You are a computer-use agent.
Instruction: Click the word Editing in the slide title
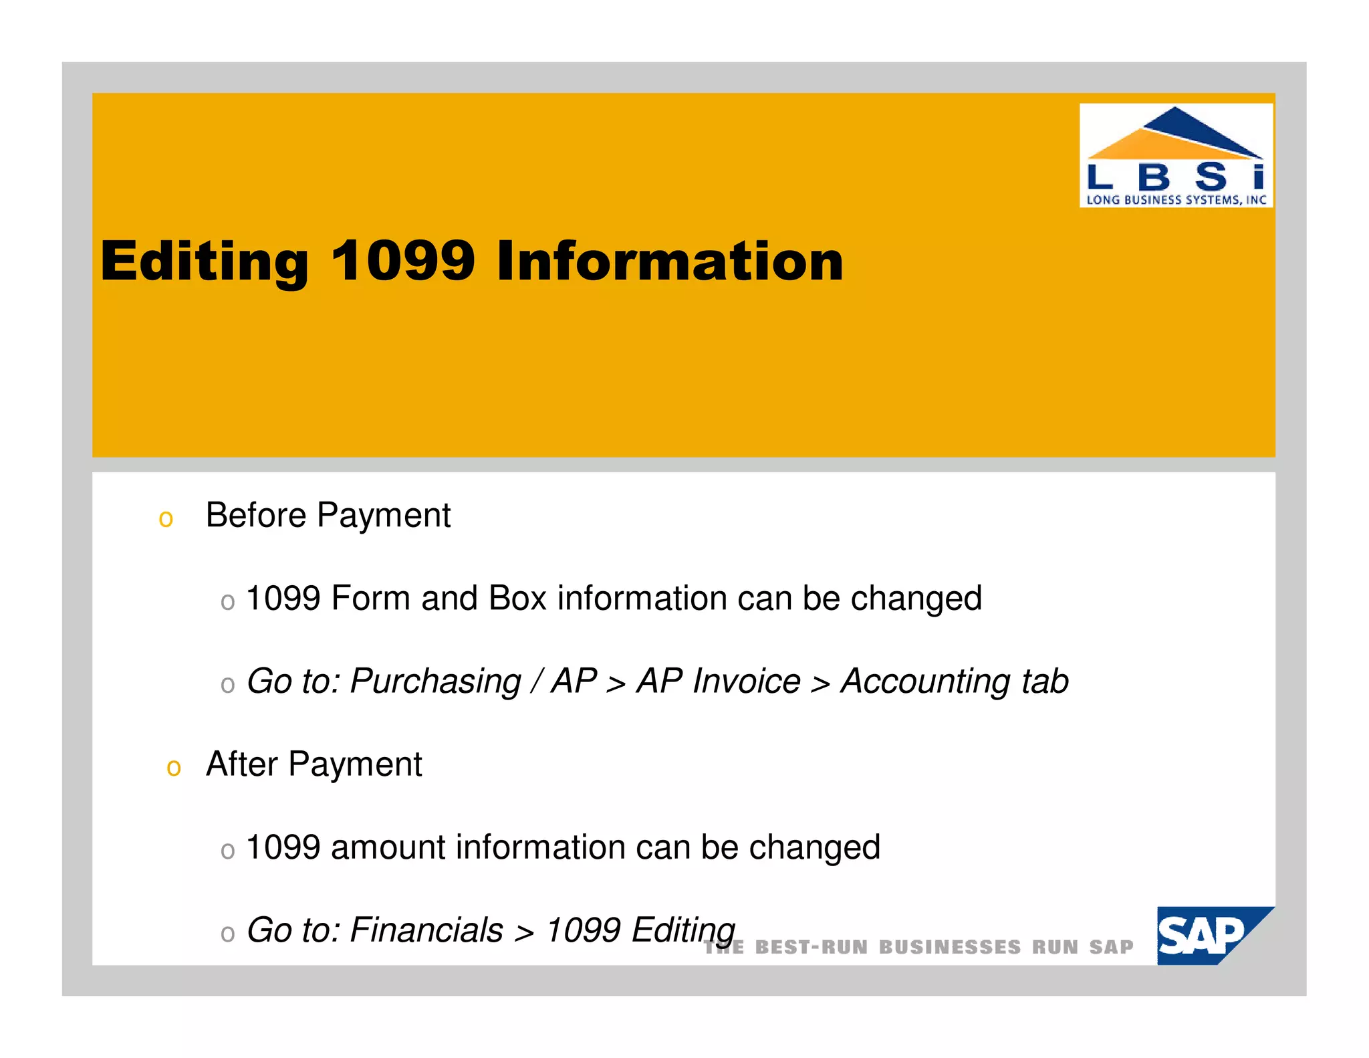point(204,261)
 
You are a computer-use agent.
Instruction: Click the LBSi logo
point(1175,156)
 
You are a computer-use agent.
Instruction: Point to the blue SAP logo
point(1207,935)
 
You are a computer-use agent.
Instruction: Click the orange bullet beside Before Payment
point(166,519)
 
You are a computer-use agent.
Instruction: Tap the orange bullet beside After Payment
point(174,768)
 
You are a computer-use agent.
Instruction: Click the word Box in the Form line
point(517,598)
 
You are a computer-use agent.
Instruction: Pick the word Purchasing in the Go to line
point(435,681)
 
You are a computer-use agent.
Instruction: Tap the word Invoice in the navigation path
point(746,681)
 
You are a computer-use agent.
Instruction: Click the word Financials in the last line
point(426,930)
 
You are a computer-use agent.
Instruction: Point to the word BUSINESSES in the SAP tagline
point(949,947)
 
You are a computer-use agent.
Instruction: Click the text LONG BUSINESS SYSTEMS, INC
point(1176,199)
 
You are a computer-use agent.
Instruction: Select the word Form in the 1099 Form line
point(370,598)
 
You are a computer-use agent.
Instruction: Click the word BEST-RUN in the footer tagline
point(811,947)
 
